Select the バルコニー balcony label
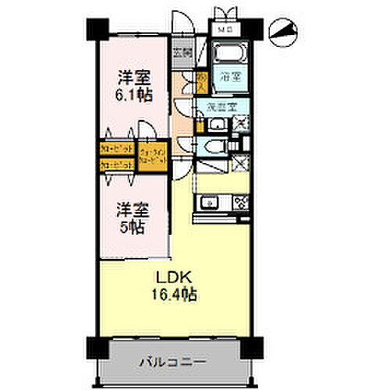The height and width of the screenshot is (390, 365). (172, 362)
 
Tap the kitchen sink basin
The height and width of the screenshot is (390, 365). (210, 204)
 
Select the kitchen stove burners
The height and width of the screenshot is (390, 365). (240, 204)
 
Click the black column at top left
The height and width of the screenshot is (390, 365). (94, 29)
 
